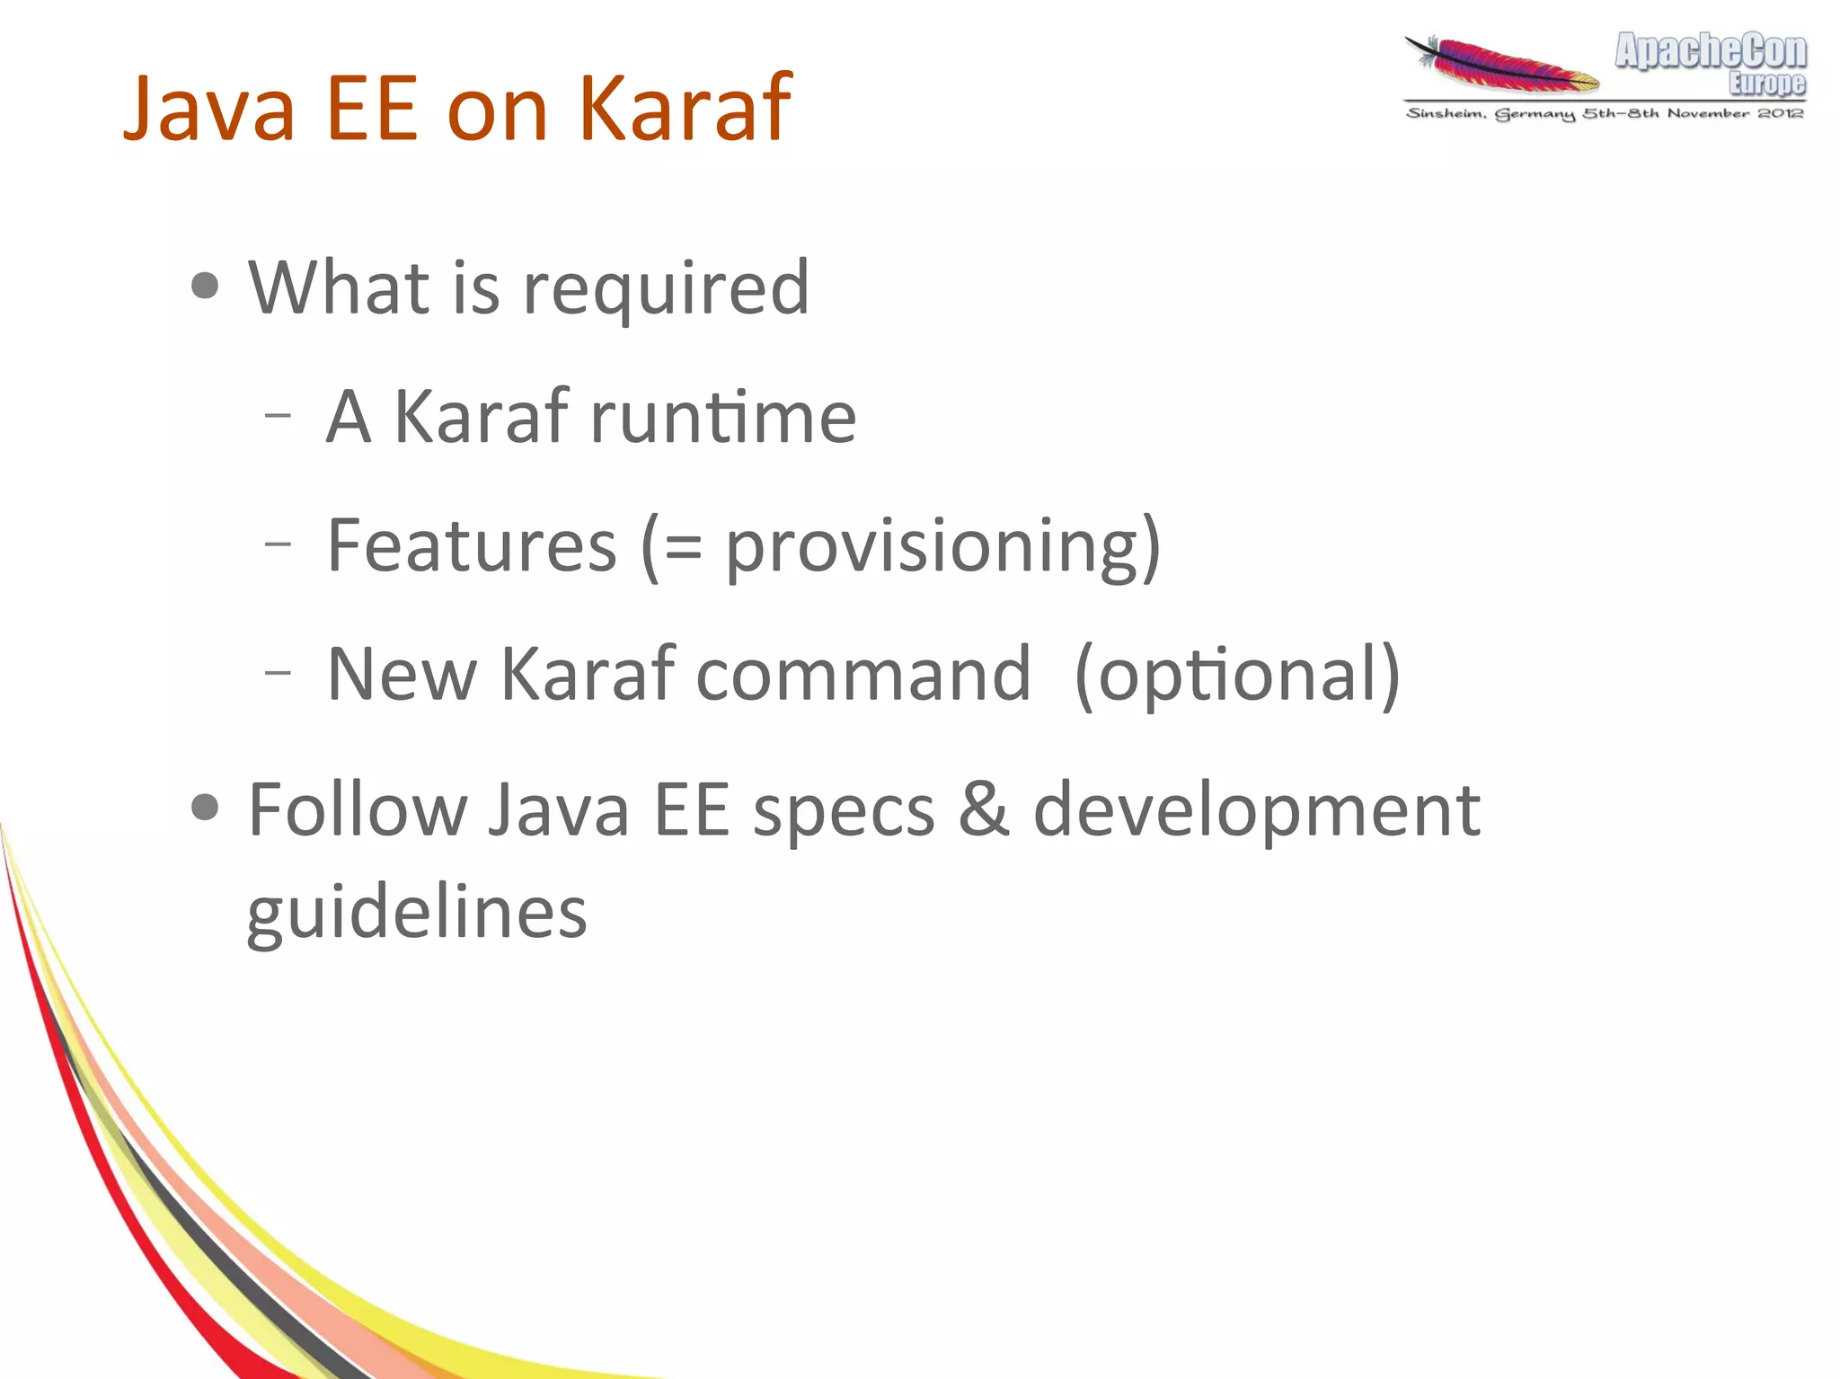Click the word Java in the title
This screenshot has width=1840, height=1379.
tap(208, 109)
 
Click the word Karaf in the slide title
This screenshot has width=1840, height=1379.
tap(685, 109)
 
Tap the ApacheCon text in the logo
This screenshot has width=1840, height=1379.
tap(1710, 51)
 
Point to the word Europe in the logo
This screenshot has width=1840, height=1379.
tap(1766, 84)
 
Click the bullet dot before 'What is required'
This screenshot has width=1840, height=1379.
tap(206, 287)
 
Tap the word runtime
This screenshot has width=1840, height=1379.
tap(723, 417)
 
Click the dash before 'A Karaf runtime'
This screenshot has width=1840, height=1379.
tap(279, 415)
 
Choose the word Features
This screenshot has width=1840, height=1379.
tap(472, 545)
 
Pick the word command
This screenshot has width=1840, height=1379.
tap(862, 674)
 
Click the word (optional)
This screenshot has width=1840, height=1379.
tap(1237, 676)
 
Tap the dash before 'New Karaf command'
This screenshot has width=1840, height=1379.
tap(279, 671)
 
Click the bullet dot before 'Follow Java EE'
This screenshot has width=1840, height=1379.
tap(206, 807)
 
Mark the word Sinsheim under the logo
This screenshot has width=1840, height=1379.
tap(1445, 113)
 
